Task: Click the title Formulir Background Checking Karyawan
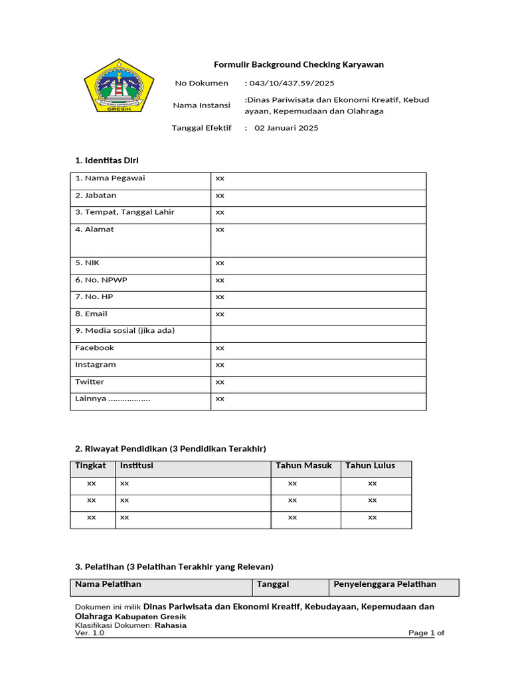point(298,64)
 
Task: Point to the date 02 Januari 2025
point(286,128)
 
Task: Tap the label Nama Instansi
point(201,105)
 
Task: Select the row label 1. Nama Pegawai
point(110,178)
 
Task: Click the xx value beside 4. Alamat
point(220,229)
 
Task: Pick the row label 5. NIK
point(87,263)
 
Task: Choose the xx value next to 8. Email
point(220,314)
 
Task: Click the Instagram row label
point(95,365)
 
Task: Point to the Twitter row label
point(90,382)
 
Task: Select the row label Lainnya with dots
point(112,399)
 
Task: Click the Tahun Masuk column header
point(303,465)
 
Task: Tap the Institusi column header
point(136,465)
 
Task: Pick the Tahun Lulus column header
point(370,465)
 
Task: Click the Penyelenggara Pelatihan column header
point(384,584)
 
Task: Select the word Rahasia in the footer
point(171,625)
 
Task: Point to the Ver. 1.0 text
point(90,633)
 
